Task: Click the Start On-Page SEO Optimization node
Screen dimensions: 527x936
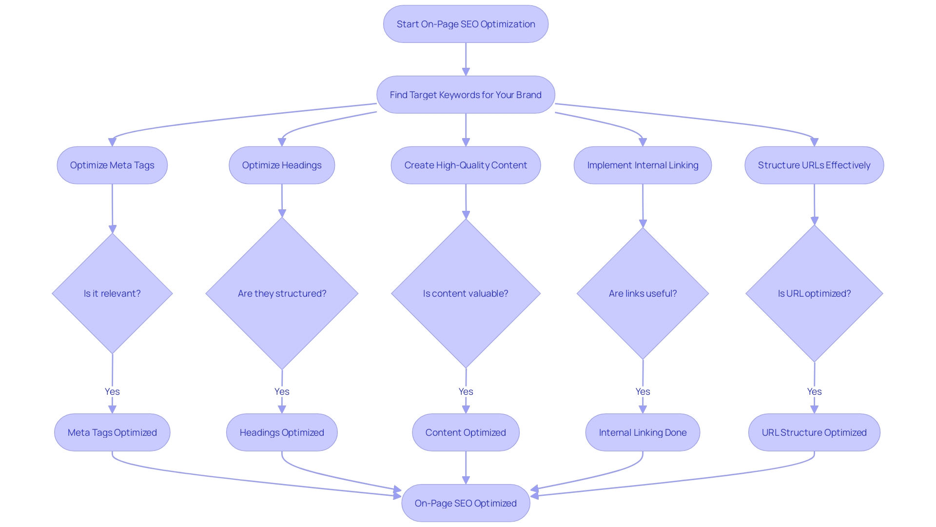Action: coord(466,24)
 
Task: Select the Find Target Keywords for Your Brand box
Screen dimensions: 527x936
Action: coord(466,95)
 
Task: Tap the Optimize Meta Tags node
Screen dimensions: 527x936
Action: coord(112,165)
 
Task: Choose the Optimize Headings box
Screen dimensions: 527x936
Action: coord(282,165)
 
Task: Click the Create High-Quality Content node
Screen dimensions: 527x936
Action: coord(466,165)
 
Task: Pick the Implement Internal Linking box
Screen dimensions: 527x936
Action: coord(643,165)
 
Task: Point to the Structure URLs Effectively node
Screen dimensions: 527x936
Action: coord(814,165)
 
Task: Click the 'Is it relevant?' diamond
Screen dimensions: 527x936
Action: coord(112,293)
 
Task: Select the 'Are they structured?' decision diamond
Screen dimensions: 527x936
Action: coord(282,293)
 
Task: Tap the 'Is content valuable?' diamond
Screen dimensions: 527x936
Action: coord(466,293)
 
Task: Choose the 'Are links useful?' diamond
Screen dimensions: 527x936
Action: coord(643,293)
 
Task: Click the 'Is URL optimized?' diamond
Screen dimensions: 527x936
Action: coord(814,293)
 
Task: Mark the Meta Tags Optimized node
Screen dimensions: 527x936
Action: coord(112,432)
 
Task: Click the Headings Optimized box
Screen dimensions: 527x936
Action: coord(282,432)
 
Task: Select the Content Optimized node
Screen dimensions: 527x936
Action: coord(466,432)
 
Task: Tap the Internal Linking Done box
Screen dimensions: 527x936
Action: coord(643,432)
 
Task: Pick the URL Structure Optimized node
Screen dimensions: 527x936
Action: coord(814,432)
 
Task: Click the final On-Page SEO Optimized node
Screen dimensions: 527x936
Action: coord(466,503)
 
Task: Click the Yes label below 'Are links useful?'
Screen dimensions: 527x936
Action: coord(643,391)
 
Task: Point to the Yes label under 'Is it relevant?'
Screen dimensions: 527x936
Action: coord(112,391)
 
